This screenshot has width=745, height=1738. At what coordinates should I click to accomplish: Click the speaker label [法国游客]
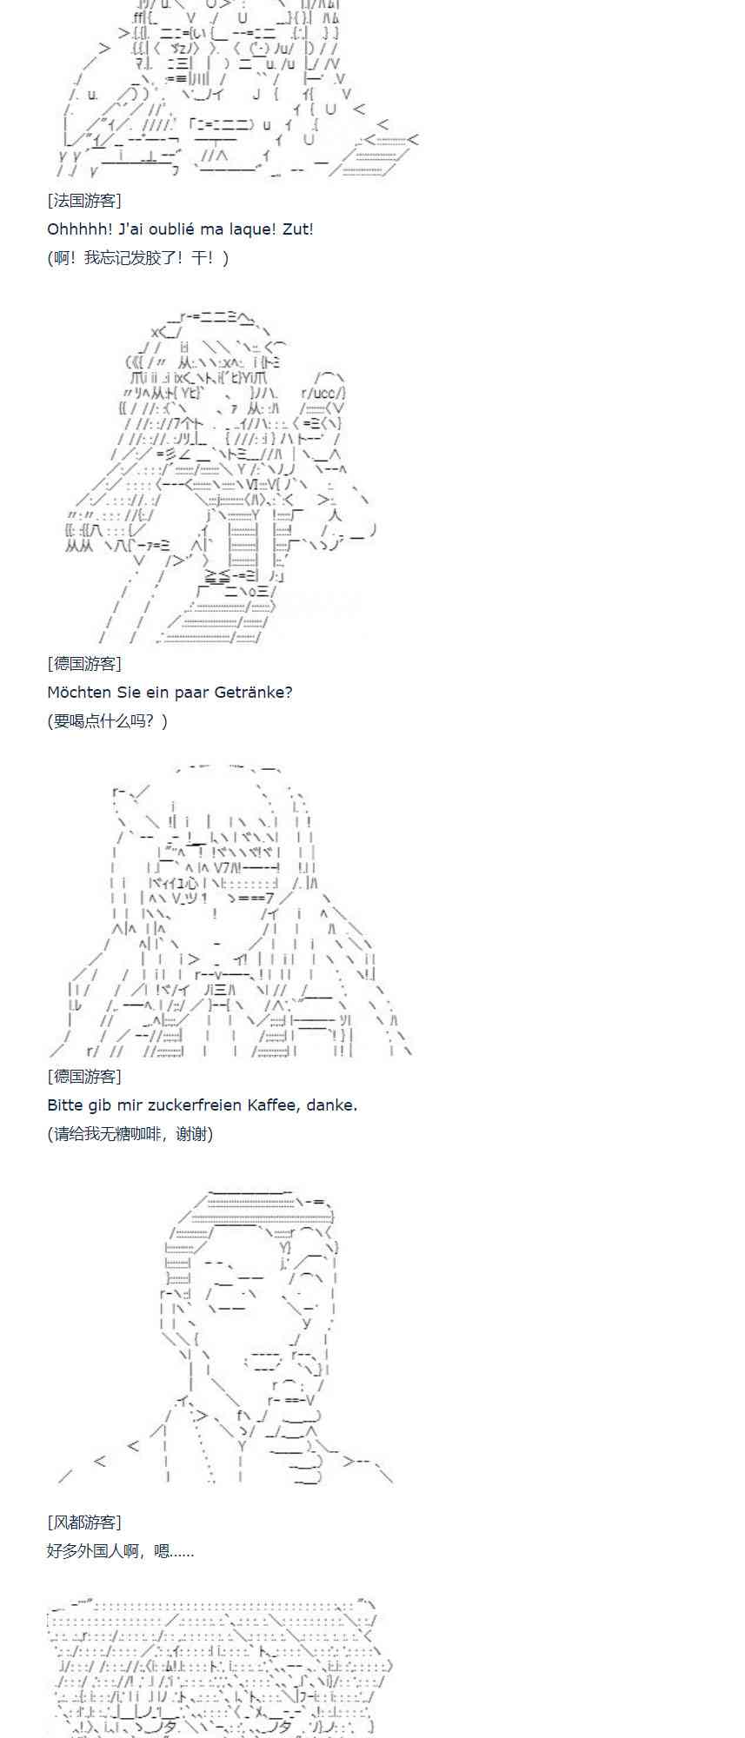tap(84, 201)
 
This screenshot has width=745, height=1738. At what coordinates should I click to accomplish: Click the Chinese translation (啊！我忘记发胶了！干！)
tap(138, 258)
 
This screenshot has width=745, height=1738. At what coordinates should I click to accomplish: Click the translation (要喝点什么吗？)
tap(108, 721)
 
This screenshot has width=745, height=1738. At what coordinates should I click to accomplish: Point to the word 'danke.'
tap(331, 1105)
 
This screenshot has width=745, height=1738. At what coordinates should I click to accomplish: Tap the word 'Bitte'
tap(64, 1105)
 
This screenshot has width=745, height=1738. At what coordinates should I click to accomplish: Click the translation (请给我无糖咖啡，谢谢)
tap(130, 1134)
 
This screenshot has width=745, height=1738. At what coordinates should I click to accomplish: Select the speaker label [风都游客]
tap(84, 1522)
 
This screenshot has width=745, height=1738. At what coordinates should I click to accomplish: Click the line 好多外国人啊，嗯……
tap(120, 1550)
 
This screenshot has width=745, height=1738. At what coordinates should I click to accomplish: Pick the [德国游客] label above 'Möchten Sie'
tap(84, 664)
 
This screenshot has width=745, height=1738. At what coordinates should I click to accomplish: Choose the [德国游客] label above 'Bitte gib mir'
tap(84, 1077)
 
